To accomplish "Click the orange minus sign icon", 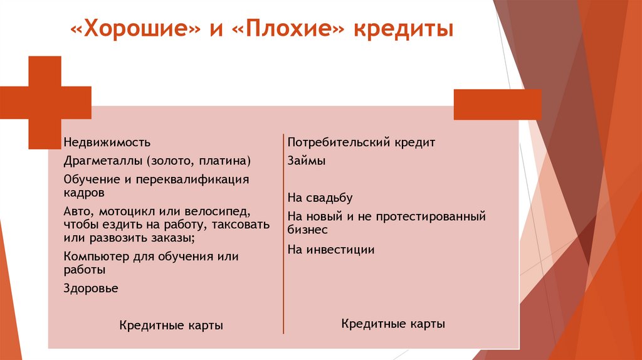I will point(497,104).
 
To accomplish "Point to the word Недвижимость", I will point(107,143).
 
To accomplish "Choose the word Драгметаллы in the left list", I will point(103,161).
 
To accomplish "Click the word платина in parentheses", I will point(226,161).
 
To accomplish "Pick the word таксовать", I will point(241,224).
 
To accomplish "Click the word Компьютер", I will point(96,257).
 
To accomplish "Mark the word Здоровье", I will point(91,289).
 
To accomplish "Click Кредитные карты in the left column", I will point(171,326).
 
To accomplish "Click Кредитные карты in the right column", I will point(393,324).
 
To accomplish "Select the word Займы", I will point(306,161).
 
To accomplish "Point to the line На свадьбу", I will point(320,198).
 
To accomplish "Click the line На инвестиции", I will point(331,250).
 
